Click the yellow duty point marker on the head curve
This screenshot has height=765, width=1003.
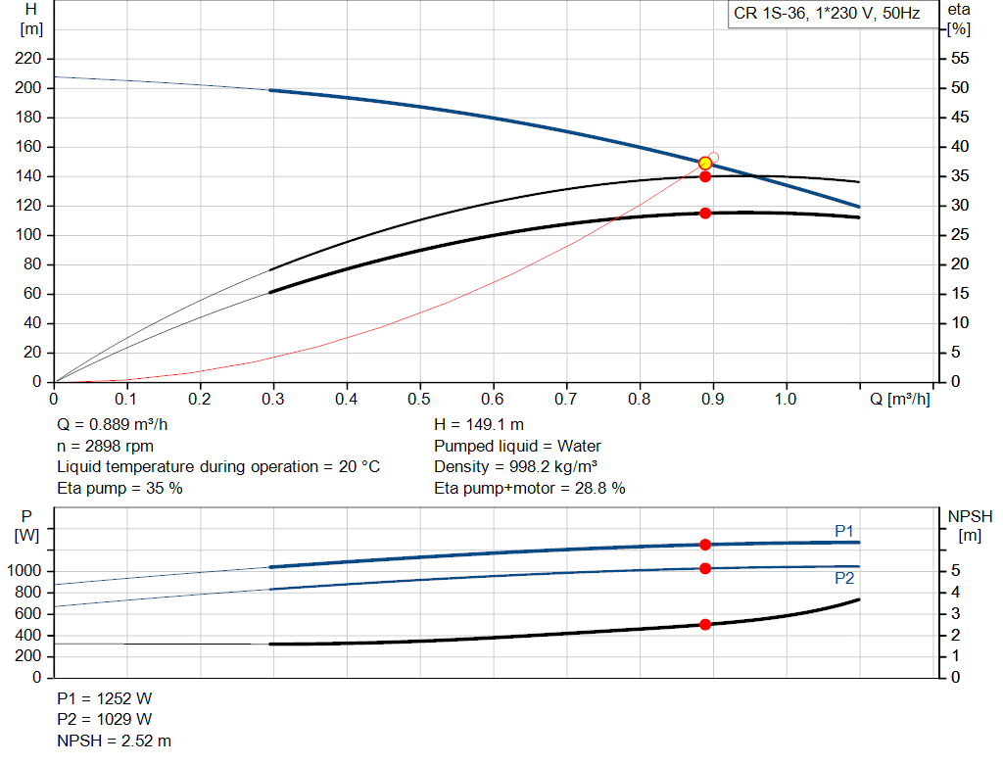[704, 164]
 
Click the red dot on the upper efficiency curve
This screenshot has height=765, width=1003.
[704, 176]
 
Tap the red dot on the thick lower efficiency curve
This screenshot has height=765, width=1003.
[704, 213]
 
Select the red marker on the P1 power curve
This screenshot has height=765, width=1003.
[704, 544]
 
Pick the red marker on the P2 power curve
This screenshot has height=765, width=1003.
[704, 568]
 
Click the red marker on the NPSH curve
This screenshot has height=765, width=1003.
[704, 624]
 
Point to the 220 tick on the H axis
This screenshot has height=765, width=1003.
[29, 59]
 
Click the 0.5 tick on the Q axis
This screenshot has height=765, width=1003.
[420, 400]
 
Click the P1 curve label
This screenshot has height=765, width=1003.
[844, 531]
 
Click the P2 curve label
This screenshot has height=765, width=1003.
[844, 578]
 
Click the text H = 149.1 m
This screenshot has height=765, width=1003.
[478, 425]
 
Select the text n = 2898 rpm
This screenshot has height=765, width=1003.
[105, 446]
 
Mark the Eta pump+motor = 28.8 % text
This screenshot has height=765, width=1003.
[529, 488]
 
